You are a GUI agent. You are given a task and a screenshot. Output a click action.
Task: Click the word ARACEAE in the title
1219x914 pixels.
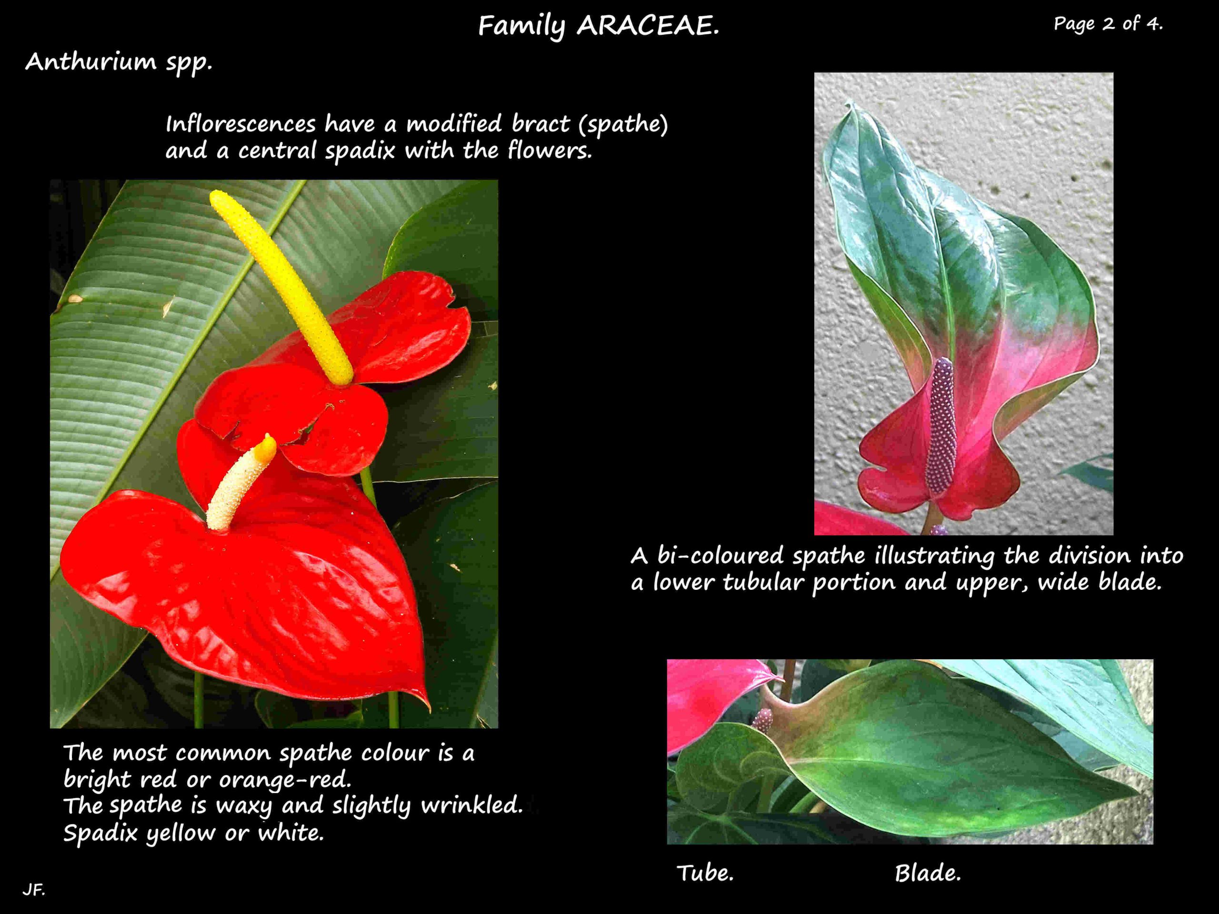pyautogui.click(x=648, y=26)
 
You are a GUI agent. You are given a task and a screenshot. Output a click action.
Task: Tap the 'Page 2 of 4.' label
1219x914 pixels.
pyautogui.click(x=1108, y=24)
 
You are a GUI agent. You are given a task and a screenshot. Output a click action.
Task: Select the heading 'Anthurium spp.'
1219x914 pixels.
pyautogui.click(x=119, y=62)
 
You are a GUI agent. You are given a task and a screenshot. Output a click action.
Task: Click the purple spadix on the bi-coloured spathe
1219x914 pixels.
pyautogui.click(x=941, y=424)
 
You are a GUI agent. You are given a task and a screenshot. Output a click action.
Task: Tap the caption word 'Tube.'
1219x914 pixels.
pyautogui.click(x=705, y=873)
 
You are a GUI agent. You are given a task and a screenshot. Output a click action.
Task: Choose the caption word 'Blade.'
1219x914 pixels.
pyautogui.click(x=928, y=873)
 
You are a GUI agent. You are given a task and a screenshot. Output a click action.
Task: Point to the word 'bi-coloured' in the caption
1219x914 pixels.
pyautogui.click(x=719, y=556)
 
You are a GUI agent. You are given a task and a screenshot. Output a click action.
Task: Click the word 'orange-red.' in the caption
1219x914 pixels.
pyautogui.click(x=285, y=780)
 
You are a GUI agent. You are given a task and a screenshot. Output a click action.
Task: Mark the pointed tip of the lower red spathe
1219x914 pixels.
pyautogui.click(x=428, y=708)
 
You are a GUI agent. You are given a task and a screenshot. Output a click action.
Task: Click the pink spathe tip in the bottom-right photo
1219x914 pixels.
pyautogui.click(x=780, y=676)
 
